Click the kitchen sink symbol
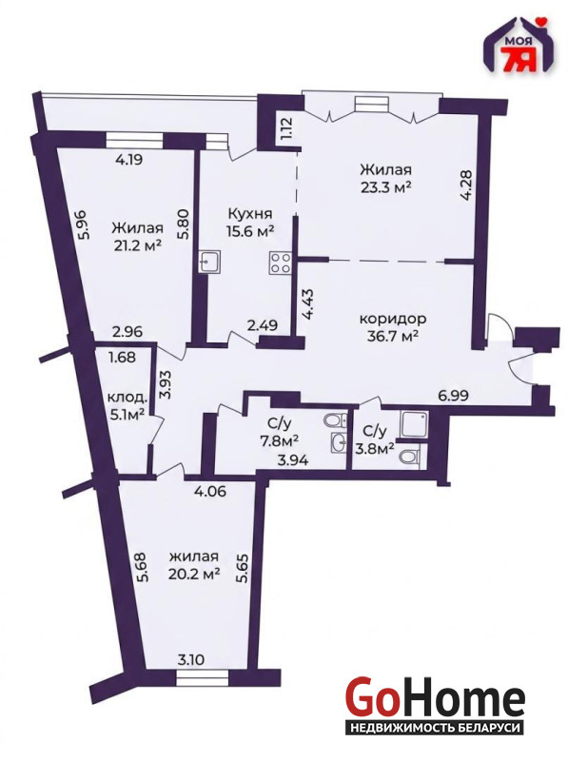(x=210, y=263)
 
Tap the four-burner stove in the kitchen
(x=281, y=263)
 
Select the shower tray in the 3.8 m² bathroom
(x=414, y=425)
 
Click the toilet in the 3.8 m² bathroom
(x=410, y=457)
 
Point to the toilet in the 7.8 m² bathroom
(x=337, y=420)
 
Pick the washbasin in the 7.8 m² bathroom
(x=339, y=442)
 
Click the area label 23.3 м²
(x=386, y=186)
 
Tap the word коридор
(x=393, y=319)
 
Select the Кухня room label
(x=250, y=214)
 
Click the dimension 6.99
(x=453, y=396)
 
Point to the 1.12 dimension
(x=286, y=127)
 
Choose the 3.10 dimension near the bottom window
(x=191, y=659)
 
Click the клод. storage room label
(x=127, y=398)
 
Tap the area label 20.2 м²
(x=194, y=575)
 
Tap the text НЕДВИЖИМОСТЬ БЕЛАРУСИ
(x=434, y=728)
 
